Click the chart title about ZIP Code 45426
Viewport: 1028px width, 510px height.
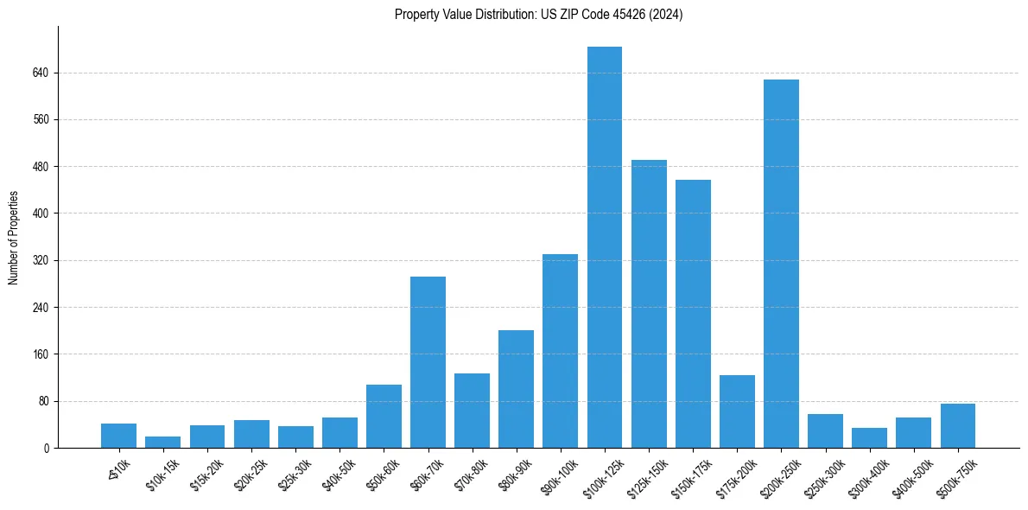coord(538,15)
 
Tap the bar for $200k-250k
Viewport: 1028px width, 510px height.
coord(781,264)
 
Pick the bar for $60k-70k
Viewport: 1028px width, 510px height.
coord(428,362)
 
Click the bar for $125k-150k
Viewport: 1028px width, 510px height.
coord(649,303)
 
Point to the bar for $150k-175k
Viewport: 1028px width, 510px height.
coord(693,314)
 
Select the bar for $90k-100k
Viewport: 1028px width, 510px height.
coord(560,351)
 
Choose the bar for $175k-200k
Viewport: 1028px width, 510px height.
coord(737,411)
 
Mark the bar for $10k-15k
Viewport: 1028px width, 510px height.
coord(162,442)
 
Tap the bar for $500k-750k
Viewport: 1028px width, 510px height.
coord(957,425)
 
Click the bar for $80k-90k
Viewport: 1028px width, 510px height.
coord(516,389)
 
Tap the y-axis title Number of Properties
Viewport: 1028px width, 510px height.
coord(14,238)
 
